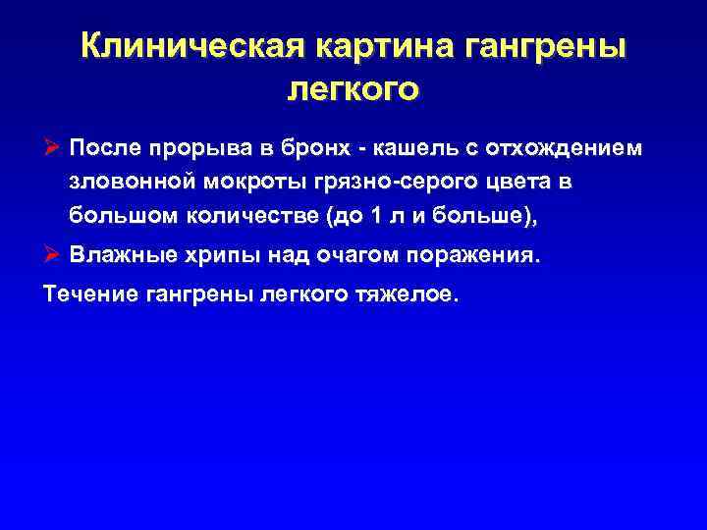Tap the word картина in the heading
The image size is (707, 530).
(x=371, y=47)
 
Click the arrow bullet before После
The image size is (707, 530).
(x=53, y=148)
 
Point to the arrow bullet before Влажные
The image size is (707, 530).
(x=53, y=255)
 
